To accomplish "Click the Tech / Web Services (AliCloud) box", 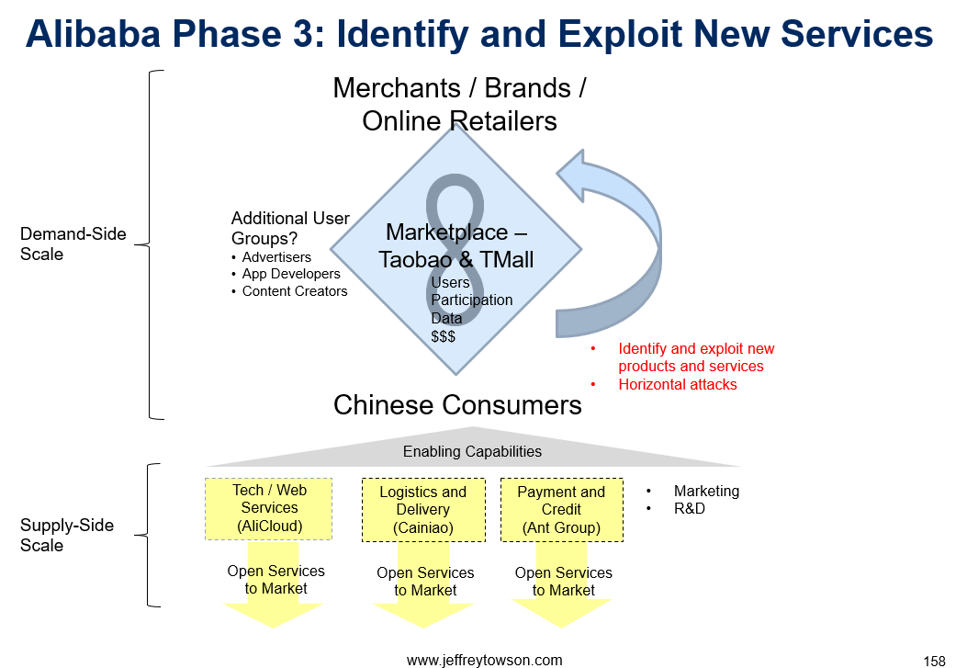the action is click(x=268, y=509).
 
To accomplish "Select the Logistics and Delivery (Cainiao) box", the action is click(x=423, y=510).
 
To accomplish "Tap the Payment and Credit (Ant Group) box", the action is click(x=561, y=510).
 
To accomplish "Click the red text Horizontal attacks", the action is click(x=677, y=384).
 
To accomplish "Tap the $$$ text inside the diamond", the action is click(x=443, y=336).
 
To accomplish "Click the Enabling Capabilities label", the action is click(x=472, y=451).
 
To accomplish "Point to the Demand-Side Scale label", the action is click(x=73, y=243).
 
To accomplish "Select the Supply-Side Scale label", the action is click(x=67, y=535).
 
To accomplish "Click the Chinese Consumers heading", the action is click(x=457, y=405).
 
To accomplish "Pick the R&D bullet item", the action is click(x=689, y=508).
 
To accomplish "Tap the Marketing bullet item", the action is click(x=706, y=491).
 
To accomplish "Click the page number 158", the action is click(x=934, y=662).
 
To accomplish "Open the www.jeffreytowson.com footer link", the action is click(x=484, y=660).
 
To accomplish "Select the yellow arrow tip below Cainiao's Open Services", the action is click(x=423, y=628).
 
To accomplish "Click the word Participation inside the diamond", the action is click(x=472, y=300).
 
